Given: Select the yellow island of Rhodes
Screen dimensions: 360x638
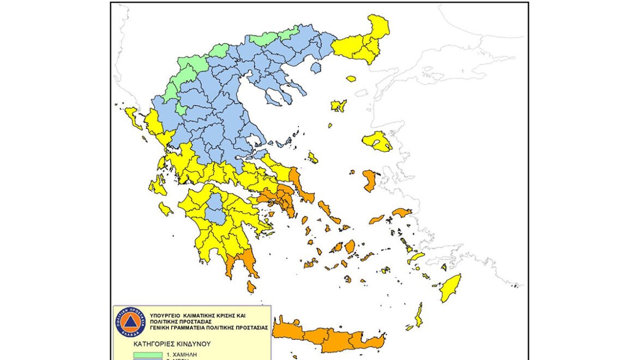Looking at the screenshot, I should [450, 287].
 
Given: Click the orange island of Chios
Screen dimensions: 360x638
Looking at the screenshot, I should [369, 180].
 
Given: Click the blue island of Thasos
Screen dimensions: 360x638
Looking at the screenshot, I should [315, 68].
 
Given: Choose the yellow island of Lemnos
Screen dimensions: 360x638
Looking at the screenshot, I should [339, 105].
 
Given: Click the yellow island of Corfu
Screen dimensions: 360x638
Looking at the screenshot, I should [132, 118].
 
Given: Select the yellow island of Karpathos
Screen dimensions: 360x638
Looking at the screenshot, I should [418, 315].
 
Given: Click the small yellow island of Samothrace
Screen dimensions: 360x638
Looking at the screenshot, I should [351, 79].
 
